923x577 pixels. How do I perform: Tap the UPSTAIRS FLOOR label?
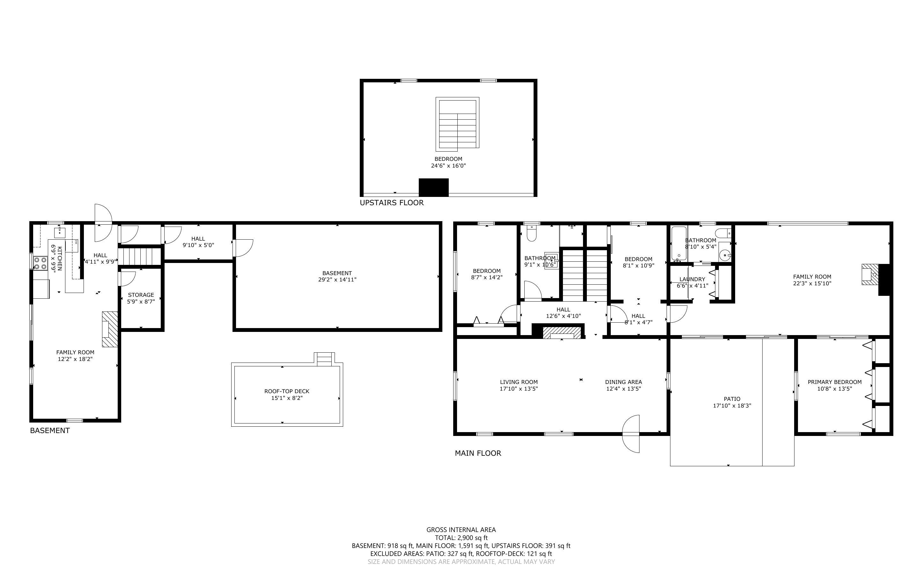point(392,203)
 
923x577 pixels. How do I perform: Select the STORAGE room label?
point(141,295)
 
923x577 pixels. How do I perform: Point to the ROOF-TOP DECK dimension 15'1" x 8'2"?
point(286,398)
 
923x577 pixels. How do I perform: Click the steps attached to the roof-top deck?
point(324,359)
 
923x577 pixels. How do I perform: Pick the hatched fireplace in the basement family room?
point(110,329)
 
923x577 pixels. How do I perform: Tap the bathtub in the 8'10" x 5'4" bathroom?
point(679,244)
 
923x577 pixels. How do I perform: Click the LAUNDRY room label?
point(692,279)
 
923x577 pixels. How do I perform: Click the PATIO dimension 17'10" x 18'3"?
point(732,406)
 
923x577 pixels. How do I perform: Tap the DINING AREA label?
point(623,382)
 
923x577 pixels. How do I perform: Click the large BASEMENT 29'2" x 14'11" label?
point(337,276)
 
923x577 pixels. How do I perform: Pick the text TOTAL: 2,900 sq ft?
point(461,538)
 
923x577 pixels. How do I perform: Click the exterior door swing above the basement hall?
point(103,222)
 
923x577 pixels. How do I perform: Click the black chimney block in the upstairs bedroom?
point(433,187)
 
